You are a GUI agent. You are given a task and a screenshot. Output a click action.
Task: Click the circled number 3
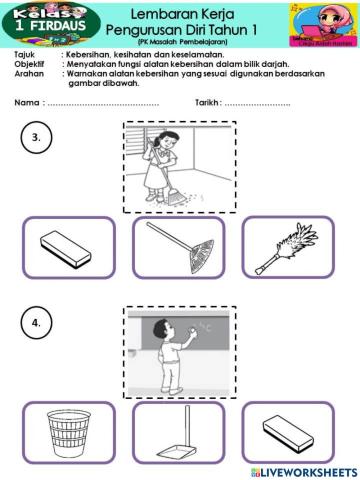tap(37, 140)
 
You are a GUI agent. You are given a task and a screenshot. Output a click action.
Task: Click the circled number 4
tap(37, 325)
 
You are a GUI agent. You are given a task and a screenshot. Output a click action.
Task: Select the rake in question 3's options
tap(178, 247)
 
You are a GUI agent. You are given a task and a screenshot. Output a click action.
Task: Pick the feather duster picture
tap(287, 247)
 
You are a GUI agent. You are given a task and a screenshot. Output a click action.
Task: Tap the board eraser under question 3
tap(68, 247)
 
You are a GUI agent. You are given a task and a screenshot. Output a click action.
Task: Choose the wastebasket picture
tap(68, 432)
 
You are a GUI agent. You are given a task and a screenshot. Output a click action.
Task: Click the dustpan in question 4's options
tap(178, 432)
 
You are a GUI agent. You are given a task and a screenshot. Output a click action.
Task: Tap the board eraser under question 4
tap(287, 432)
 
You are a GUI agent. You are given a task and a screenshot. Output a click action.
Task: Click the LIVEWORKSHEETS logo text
tap(305, 470)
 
